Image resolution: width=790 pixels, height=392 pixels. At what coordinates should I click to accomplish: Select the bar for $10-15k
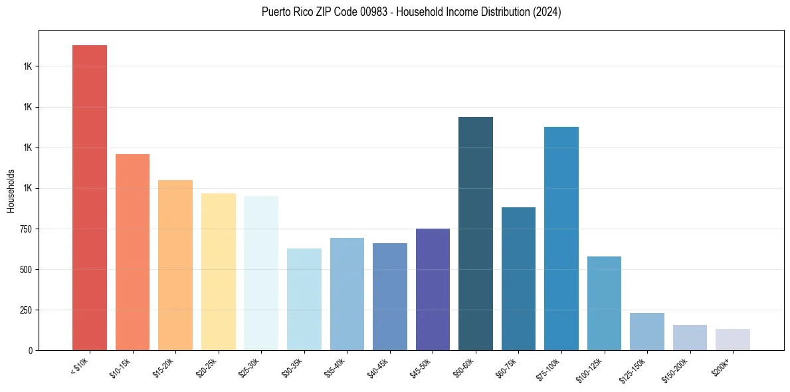(x=132, y=252)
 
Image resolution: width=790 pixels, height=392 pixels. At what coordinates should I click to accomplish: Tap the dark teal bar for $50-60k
(x=476, y=233)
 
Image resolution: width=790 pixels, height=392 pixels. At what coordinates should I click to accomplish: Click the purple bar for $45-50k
(x=433, y=289)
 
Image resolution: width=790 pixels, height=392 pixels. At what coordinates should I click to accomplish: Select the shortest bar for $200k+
(x=733, y=340)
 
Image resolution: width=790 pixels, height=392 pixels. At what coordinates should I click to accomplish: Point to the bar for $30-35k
(x=304, y=299)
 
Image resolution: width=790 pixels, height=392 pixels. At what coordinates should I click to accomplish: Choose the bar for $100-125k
(x=604, y=303)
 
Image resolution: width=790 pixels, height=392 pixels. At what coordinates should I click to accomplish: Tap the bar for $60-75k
(x=518, y=278)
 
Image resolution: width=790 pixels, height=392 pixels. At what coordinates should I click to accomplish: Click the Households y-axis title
(x=11, y=190)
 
